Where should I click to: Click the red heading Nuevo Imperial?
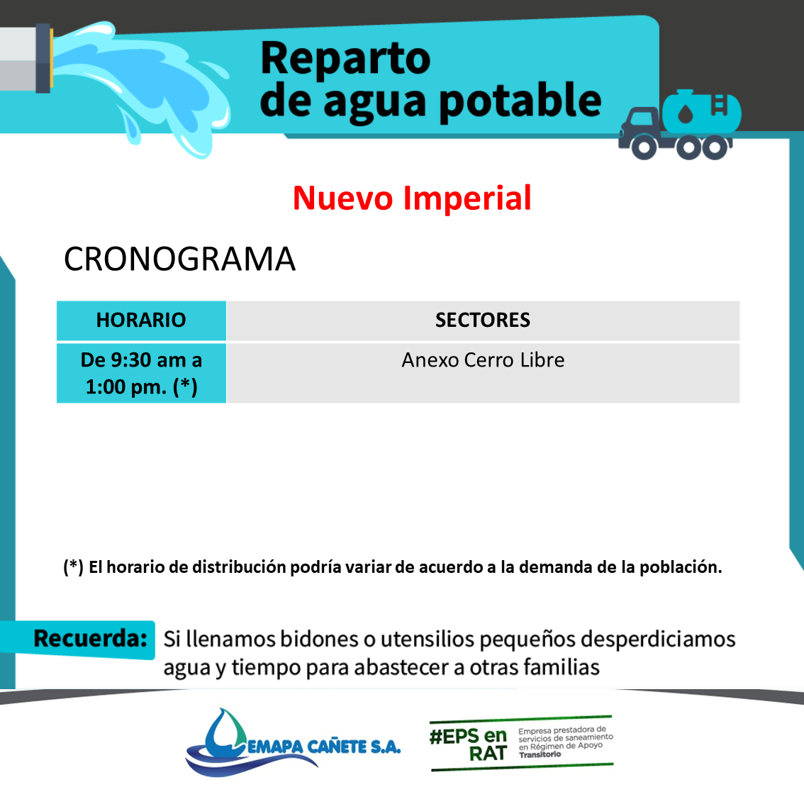(x=412, y=198)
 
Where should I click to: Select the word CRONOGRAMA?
(x=179, y=259)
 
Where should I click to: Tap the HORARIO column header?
(x=141, y=320)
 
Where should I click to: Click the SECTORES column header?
(x=483, y=320)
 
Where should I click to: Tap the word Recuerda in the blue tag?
(x=90, y=638)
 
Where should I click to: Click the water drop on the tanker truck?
(x=686, y=113)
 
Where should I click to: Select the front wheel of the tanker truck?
(x=644, y=147)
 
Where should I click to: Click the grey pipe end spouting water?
(x=26, y=58)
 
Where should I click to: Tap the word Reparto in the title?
(x=345, y=58)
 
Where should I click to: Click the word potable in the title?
(x=520, y=101)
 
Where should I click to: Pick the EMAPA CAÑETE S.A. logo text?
(x=324, y=747)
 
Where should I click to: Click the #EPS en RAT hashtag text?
(x=468, y=744)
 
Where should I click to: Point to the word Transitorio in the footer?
(x=540, y=754)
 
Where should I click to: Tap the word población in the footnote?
(x=681, y=567)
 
